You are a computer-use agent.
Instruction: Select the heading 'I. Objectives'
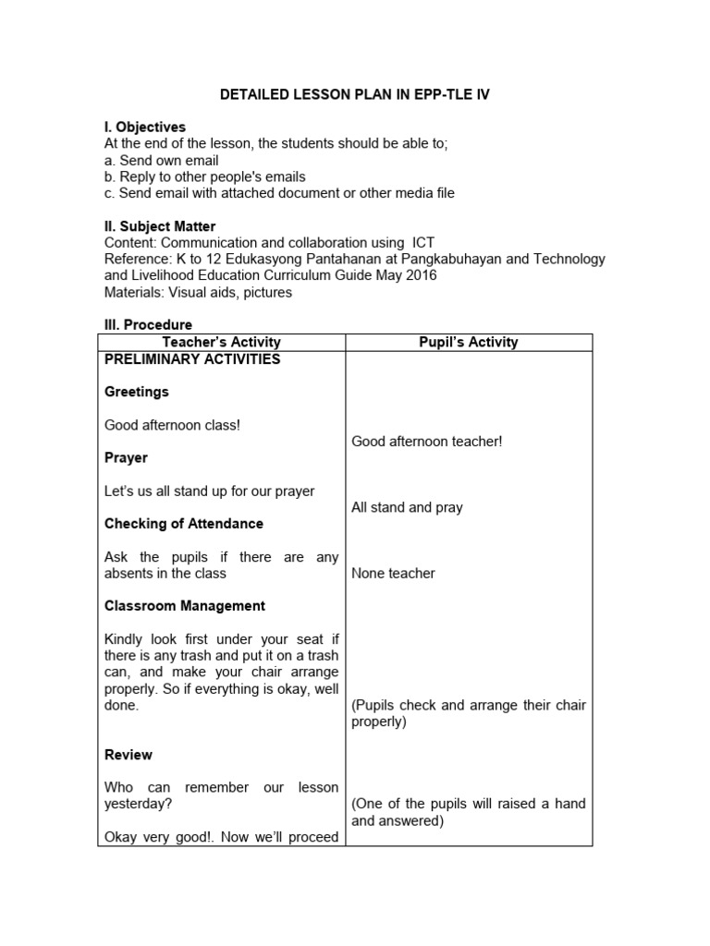coord(145,127)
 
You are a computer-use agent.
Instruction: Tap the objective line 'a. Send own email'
coord(162,161)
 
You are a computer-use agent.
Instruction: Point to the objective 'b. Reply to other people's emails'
coord(205,176)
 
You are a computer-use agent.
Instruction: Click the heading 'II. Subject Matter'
coord(160,226)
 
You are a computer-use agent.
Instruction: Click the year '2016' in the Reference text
coord(419,275)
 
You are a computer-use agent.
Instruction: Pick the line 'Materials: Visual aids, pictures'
coord(198,292)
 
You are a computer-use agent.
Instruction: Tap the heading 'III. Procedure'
coord(148,325)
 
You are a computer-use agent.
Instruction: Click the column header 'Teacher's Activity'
coord(221,342)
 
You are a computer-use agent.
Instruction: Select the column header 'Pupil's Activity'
coord(468,342)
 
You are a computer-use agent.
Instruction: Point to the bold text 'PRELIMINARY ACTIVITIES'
coord(192,359)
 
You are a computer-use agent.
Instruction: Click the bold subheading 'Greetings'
coord(137,392)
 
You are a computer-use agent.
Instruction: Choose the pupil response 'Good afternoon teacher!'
coord(427,442)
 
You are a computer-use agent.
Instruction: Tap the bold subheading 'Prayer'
coord(126,458)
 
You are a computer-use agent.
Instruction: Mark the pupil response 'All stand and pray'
coord(407,507)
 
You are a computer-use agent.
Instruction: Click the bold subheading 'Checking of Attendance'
coord(184,524)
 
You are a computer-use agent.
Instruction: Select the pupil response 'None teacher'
coord(393,573)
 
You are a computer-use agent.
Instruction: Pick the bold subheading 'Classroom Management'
coord(185,606)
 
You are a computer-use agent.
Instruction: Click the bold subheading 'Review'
coord(129,755)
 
